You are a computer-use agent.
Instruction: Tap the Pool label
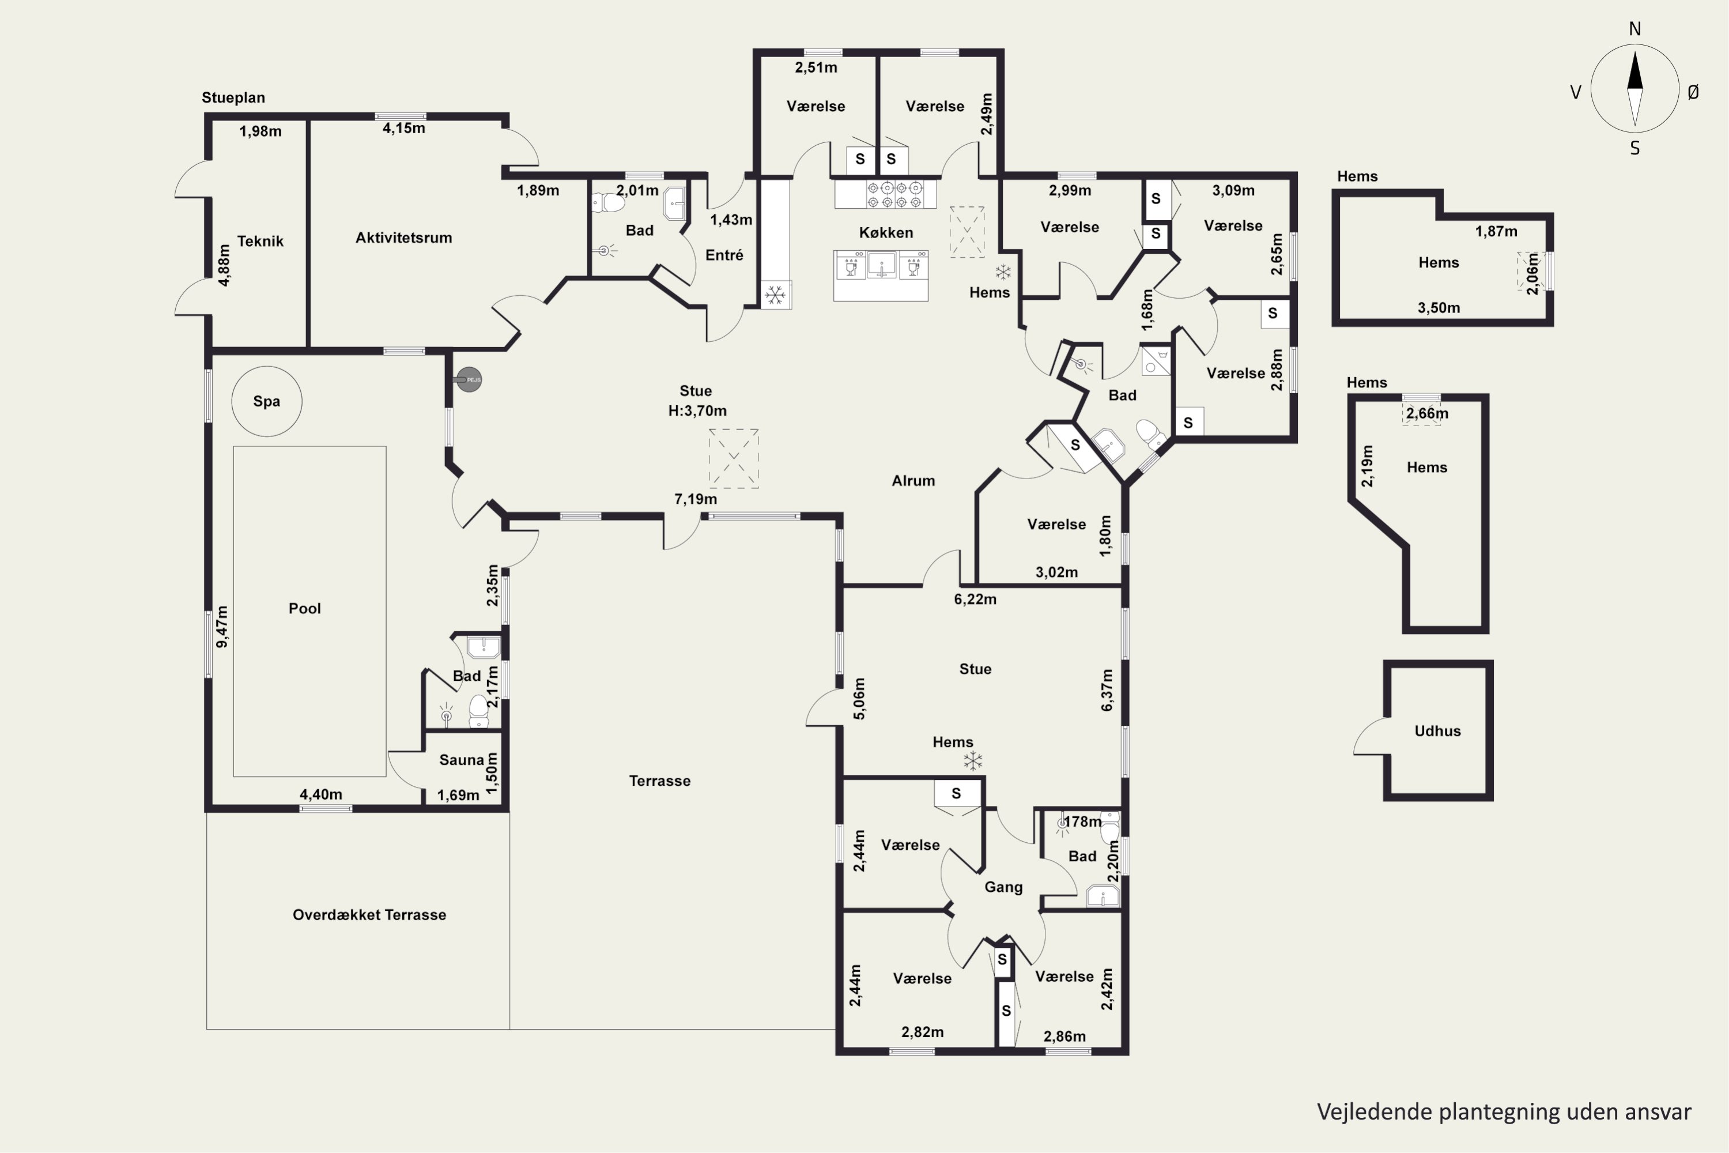(x=304, y=609)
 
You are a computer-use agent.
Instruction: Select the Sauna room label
(x=462, y=760)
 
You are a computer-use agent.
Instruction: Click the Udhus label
(x=1437, y=731)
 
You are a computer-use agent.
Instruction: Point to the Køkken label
(x=886, y=233)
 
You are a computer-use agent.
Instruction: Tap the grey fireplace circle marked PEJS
(x=469, y=379)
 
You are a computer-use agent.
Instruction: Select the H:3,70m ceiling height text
(x=697, y=411)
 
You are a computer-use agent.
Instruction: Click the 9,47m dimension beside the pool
(x=222, y=627)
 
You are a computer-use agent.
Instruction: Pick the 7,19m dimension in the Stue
(x=696, y=499)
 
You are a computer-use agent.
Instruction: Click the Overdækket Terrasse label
(x=369, y=915)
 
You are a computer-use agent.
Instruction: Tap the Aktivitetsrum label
(x=403, y=238)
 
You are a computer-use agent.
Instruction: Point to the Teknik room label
(x=261, y=241)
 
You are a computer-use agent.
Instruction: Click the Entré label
(x=724, y=255)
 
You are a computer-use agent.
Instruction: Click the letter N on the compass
(x=1635, y=29)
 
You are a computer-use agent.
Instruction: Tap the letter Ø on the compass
(x=1694, y=92)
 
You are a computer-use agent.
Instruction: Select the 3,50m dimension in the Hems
(x=1439, y=308)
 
